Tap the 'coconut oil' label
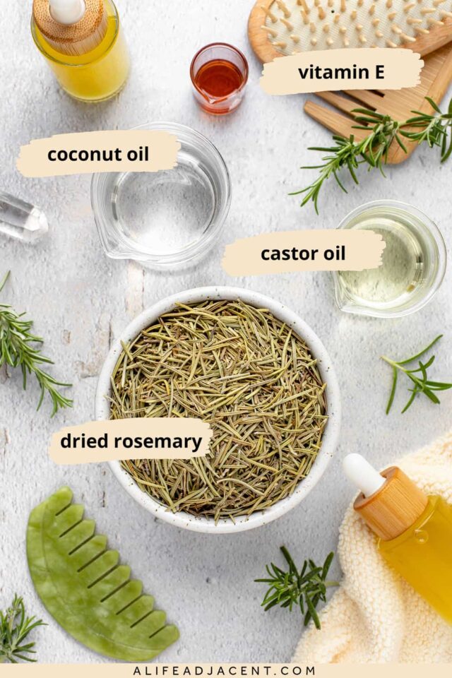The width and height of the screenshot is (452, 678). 98,154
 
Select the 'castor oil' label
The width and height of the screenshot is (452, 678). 303,254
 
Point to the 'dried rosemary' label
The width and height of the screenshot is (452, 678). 131,441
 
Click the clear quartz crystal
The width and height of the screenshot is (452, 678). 21,217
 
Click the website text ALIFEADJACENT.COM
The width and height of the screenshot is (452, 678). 225,670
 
